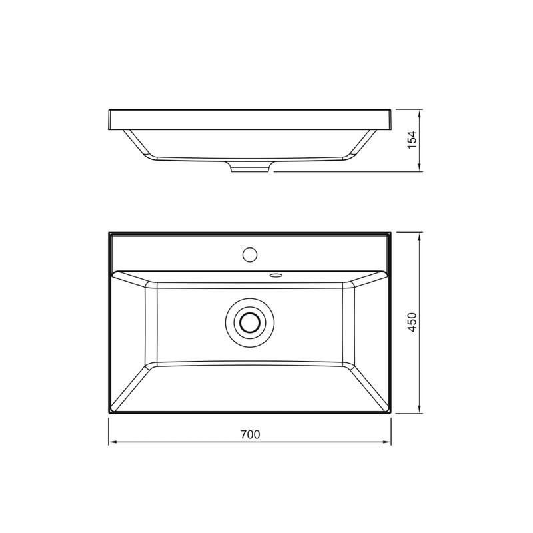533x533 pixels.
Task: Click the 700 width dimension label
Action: (x=251, y=434)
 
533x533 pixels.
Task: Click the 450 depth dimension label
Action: (x=412, y=322)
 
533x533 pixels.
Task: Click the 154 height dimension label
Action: (x=412, y=140)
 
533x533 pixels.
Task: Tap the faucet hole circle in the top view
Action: (x=250, y=255)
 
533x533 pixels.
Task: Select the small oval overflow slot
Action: (x=276, y=274)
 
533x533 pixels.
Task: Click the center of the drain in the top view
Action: (x=250, y=322)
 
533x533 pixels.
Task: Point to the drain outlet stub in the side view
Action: (x=251, y=167)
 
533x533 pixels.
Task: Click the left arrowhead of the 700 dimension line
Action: (x=113, y=442)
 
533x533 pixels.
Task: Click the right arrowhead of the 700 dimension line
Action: (x=387, y=442)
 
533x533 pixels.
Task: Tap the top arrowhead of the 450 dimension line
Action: (x=420, y=237)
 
